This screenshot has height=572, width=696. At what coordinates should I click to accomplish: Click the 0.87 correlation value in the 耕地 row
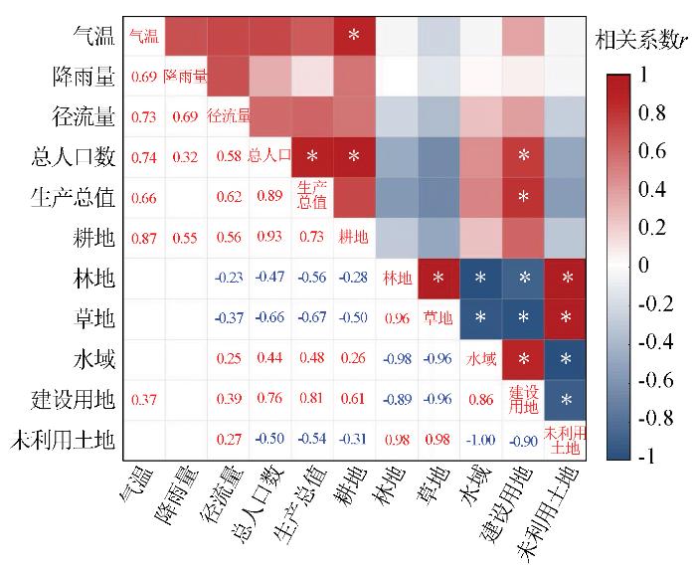coord(144,238)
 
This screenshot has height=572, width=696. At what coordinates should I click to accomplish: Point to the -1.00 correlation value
coord(481,440)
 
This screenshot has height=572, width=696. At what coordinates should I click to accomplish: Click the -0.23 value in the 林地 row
coord(228,279)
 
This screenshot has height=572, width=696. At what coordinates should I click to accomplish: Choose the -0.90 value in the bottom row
coord(523,440)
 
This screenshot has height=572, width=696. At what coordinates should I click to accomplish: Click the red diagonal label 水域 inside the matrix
coord(481,359)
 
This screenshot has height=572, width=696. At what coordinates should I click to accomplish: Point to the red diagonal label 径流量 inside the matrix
coord(228,116)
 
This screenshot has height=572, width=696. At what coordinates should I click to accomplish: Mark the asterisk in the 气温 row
coord(353,37)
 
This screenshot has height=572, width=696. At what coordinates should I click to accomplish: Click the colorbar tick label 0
coord(640,266)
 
